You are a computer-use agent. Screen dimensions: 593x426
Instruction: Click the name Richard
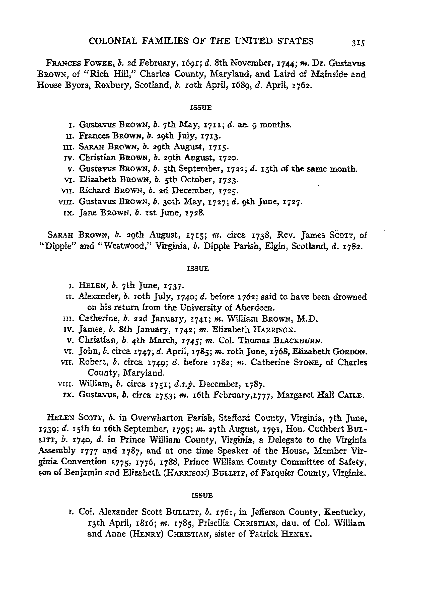94,191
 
